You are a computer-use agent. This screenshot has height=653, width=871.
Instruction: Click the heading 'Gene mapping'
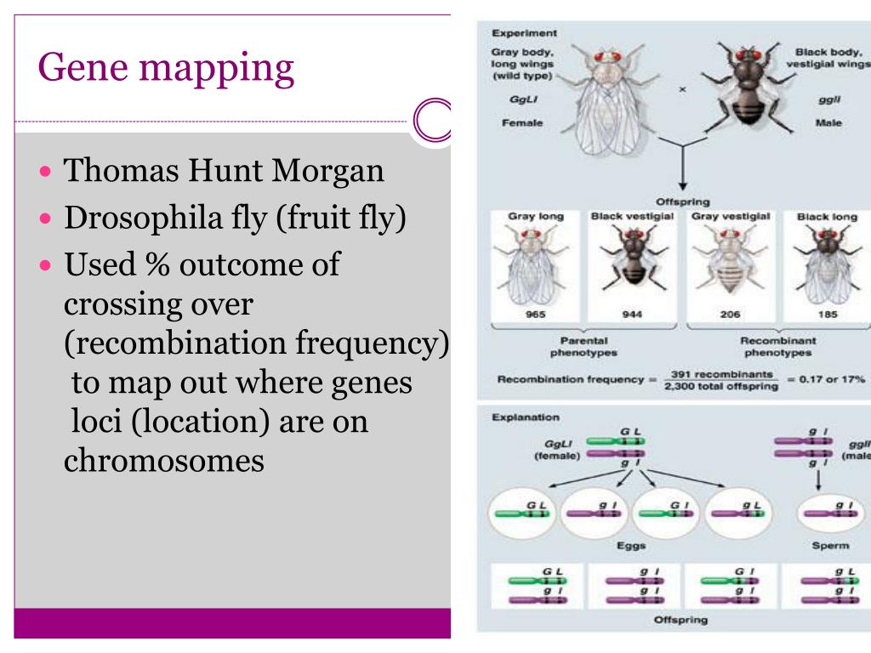click(x=167, y=69)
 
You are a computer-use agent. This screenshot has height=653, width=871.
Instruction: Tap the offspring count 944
click(x=632, y=314)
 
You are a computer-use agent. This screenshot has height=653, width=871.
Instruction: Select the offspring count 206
click(x=730, y=314)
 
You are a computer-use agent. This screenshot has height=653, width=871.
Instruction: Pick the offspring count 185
click(x=827, y=314)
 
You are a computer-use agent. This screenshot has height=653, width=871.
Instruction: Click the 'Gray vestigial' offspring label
click(x=731, y=216)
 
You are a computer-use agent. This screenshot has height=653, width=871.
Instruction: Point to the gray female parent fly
click(x=605, y=98)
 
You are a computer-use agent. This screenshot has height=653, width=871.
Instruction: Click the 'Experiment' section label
click(x=524, y=33)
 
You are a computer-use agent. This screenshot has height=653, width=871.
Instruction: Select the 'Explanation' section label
click(x=526, y=417)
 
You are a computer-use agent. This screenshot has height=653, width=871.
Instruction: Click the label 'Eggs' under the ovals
click(x=632, y=546)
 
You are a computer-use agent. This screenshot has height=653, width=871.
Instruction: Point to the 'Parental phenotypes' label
click(x=584, y=346)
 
